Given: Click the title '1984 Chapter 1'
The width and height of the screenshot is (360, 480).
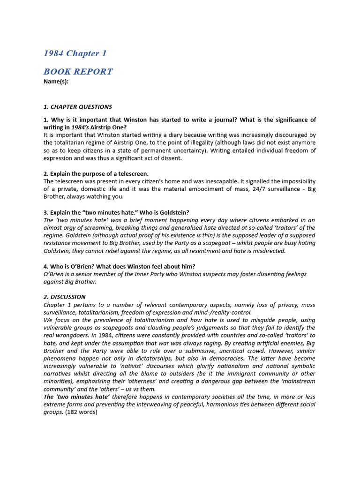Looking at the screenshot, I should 75,53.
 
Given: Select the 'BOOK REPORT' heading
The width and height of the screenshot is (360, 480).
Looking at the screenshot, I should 78,72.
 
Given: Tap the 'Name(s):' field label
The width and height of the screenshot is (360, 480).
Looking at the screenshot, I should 56,81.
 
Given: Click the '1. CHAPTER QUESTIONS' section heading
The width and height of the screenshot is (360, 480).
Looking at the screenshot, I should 77,107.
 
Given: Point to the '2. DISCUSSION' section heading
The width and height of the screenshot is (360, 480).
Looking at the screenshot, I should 65,297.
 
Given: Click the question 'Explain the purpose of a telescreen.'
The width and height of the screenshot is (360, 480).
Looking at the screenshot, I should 96,173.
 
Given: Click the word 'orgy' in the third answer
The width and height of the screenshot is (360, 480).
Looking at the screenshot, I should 71,228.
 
